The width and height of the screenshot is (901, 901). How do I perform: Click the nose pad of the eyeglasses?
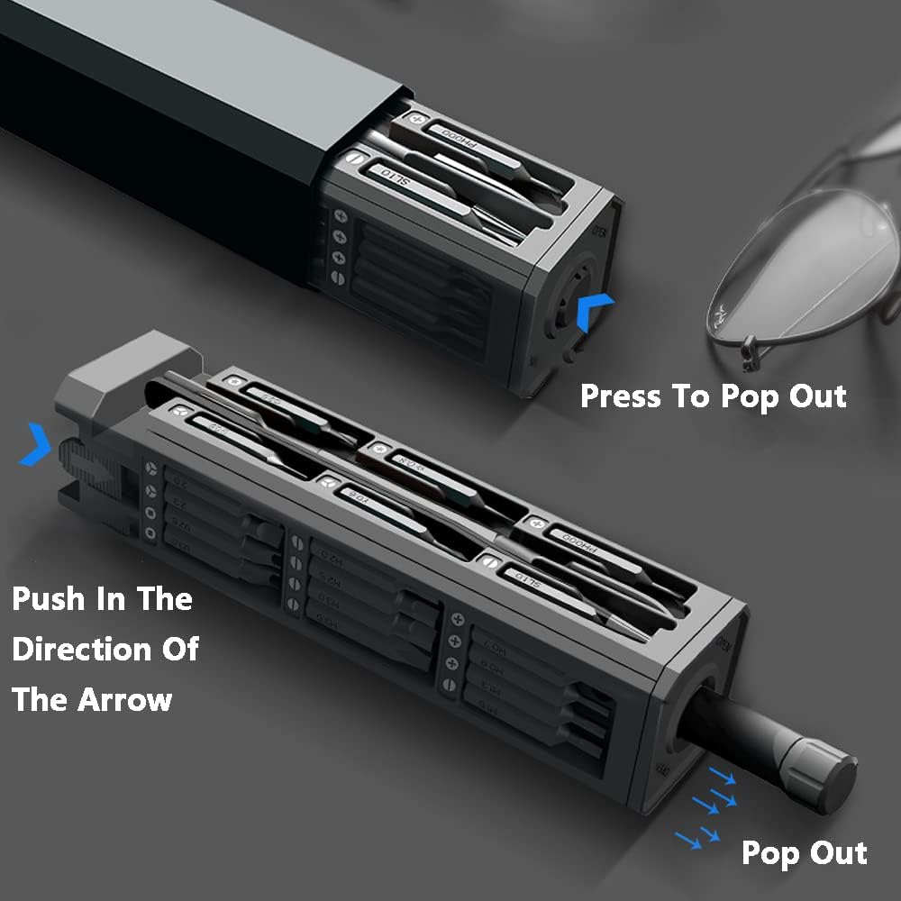[747, 355]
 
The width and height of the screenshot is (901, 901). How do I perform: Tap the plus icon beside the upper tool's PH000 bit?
[416, 118]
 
